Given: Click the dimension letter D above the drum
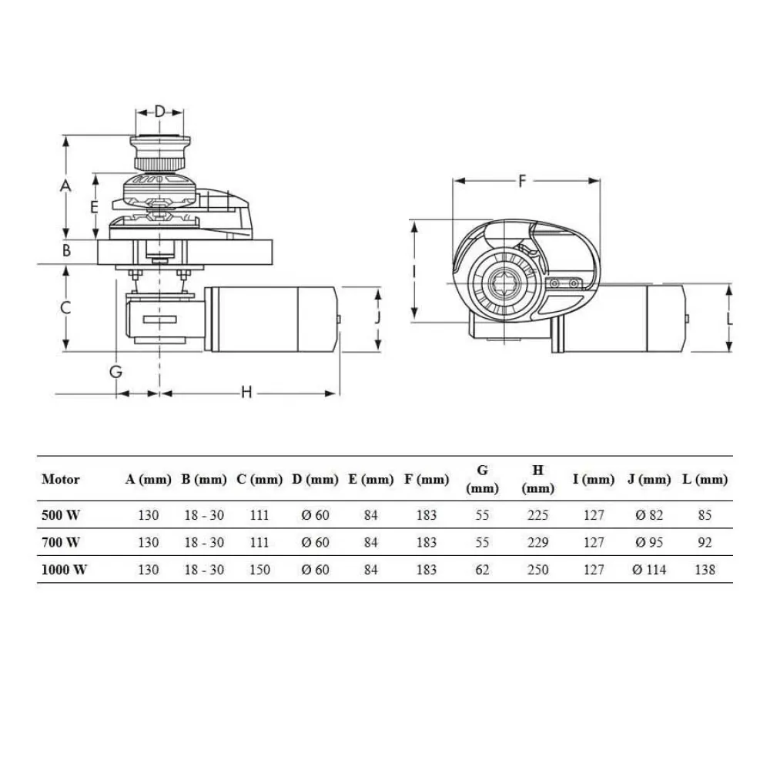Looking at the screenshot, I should pos(159,111).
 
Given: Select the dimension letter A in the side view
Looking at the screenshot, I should pos(66,186).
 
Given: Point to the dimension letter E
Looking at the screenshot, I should pos(94,206).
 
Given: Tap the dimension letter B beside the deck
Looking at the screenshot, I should pos(67,249).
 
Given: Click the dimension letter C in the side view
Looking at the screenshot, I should pos(67,307).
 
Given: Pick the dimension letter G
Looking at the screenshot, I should pos(115,371).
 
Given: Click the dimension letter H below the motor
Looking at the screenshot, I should pos(246,393).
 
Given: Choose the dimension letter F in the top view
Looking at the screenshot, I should pos(522,182).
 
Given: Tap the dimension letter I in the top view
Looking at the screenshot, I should pos(414,271).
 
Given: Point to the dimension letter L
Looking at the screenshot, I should pos(729,317).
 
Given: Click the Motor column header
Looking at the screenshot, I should pos(61,479).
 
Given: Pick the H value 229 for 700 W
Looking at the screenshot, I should pos(538,542).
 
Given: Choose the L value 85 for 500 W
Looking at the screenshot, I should pos(704,515).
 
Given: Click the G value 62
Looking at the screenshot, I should pos(483,570).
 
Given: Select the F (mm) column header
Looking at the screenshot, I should pos(426,479).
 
